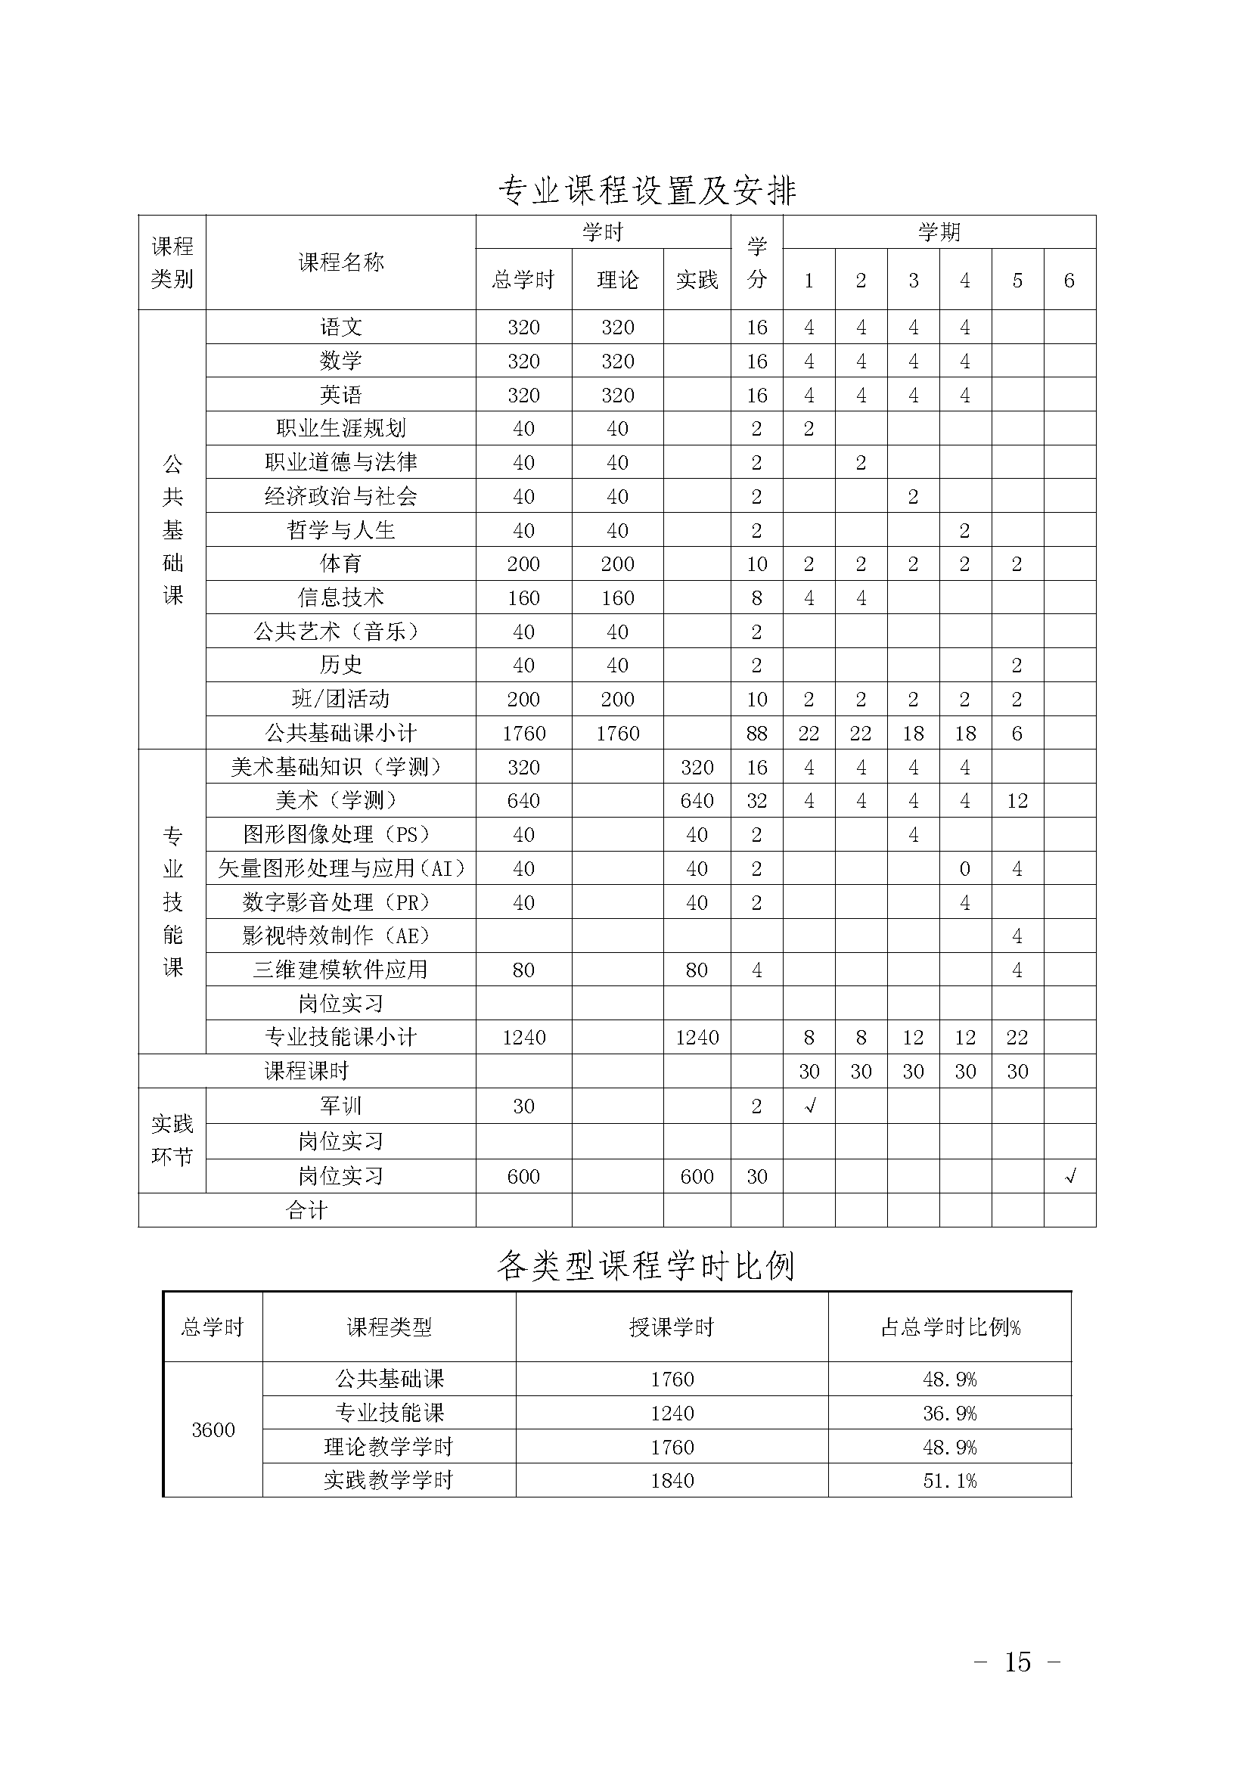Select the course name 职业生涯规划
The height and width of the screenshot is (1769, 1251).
[340, 428]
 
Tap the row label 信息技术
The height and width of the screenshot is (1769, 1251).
[340, 597]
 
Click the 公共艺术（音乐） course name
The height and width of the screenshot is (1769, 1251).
[340, 632]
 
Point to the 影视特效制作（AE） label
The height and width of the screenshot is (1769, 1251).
[336, 936]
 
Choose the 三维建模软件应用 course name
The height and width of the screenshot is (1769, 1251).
[340, 970]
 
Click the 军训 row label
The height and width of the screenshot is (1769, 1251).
[340, 1106]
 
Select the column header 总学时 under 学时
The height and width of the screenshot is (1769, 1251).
[523, 280]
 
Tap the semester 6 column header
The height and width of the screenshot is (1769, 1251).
[1069, 281]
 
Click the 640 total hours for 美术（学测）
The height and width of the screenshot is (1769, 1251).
[523, 800]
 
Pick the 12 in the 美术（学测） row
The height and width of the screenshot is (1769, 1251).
[1017, 800]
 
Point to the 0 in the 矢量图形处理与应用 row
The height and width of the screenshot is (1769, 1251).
[964, 868]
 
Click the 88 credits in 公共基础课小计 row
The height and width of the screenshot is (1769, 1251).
[756, 733]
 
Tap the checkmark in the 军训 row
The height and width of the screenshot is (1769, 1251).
[809, 1106]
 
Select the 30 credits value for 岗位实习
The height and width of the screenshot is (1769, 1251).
[756, 1177]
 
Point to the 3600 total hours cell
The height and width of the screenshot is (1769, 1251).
[213, 1429]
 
